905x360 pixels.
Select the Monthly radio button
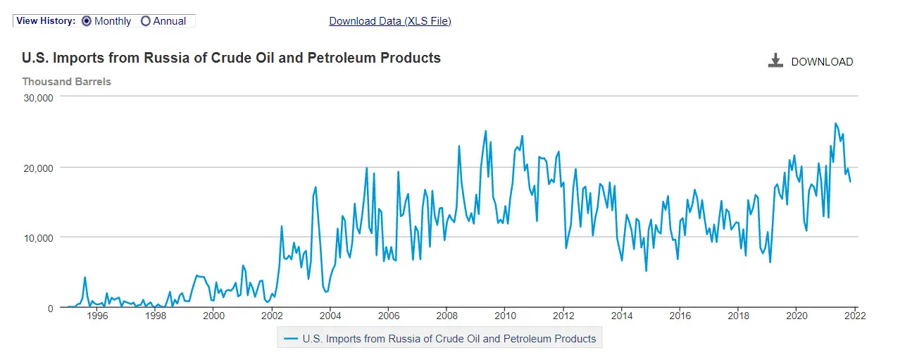[x=87, y=21]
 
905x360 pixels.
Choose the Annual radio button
[x=146, y=21]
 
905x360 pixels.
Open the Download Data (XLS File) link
[x=390, y=21]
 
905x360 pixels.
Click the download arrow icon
[x=775, y=61]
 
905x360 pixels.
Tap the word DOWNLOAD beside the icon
[x=822, y=62]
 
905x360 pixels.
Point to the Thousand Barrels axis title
[x=66, y=82]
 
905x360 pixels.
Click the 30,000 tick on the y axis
[x=39, y=98]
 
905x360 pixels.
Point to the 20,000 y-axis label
[x=39, y=168]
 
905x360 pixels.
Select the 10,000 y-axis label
[x=39, y=237]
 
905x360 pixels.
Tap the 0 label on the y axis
[x=50, y=308]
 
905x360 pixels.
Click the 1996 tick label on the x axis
[x=97, y=316]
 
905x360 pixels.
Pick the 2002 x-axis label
[x=272, y=316]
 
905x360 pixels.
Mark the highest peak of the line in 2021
[x=835, y=123]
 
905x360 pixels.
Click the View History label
[x=46, y=21]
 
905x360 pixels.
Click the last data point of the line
[x=850, y=182]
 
